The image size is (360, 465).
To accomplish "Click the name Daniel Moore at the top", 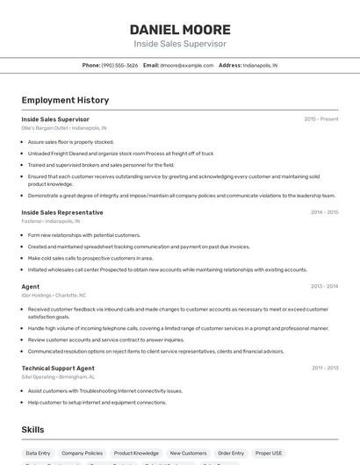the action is (x=180, y=29).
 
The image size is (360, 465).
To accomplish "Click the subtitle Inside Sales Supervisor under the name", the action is (x=180, y=44).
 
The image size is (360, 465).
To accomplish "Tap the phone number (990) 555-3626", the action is (x=119, y=65).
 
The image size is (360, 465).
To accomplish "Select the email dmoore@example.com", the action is (x=187, y=65).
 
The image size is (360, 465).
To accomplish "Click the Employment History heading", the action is (x=65, y=100).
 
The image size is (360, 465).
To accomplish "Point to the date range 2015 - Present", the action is (x=321, y=118).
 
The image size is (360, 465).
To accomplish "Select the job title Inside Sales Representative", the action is (x=62, y=212).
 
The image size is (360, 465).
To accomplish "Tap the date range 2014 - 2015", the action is (x=324, y=212).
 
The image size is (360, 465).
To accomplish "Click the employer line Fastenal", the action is (x=50, y=221).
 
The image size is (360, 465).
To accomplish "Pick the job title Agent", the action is (x=31, y=286).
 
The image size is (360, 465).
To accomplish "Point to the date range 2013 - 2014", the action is (x=324, y=286).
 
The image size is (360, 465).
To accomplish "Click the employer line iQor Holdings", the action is (x=54, y=295).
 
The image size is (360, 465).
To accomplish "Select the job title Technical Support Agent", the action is (x=58, y=368).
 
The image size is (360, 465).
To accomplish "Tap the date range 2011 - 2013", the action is (x=324, y=368).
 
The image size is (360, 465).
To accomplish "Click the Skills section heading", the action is (x=33, y=430).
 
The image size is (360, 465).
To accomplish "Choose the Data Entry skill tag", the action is (x=38, y=454).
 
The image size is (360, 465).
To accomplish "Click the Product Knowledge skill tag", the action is (x=136, y=454).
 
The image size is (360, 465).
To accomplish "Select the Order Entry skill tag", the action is (x=231, y=454).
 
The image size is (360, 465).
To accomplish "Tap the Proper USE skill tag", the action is (x=270, y=454).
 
